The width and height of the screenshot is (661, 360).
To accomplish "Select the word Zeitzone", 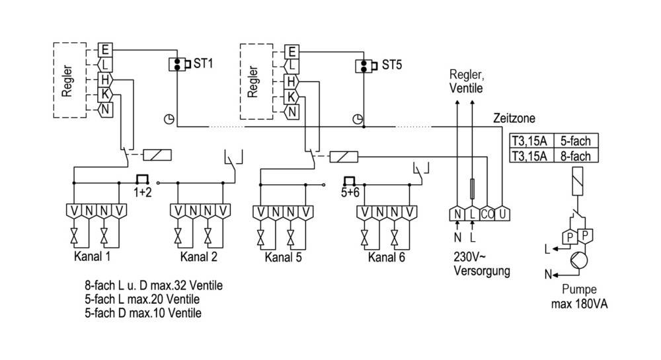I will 514,118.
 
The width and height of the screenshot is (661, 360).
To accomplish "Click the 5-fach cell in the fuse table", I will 575,141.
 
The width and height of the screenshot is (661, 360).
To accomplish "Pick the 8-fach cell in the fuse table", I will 575,155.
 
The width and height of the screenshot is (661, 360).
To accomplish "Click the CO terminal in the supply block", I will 487,213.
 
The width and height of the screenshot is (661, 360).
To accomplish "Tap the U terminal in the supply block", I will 504,213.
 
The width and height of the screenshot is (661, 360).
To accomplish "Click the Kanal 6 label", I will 387,257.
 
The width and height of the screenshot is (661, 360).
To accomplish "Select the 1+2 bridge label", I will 142,193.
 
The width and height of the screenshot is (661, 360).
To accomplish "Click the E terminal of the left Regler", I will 104,50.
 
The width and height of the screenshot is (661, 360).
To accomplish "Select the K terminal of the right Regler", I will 290,96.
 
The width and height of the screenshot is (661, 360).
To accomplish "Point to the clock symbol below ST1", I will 169,119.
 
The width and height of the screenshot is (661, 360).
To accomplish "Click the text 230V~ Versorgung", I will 479,264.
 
